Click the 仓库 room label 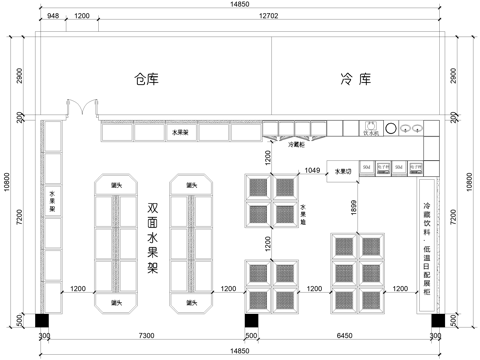147,78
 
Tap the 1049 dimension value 312,170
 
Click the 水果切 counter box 343,171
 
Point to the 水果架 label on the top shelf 180,132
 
